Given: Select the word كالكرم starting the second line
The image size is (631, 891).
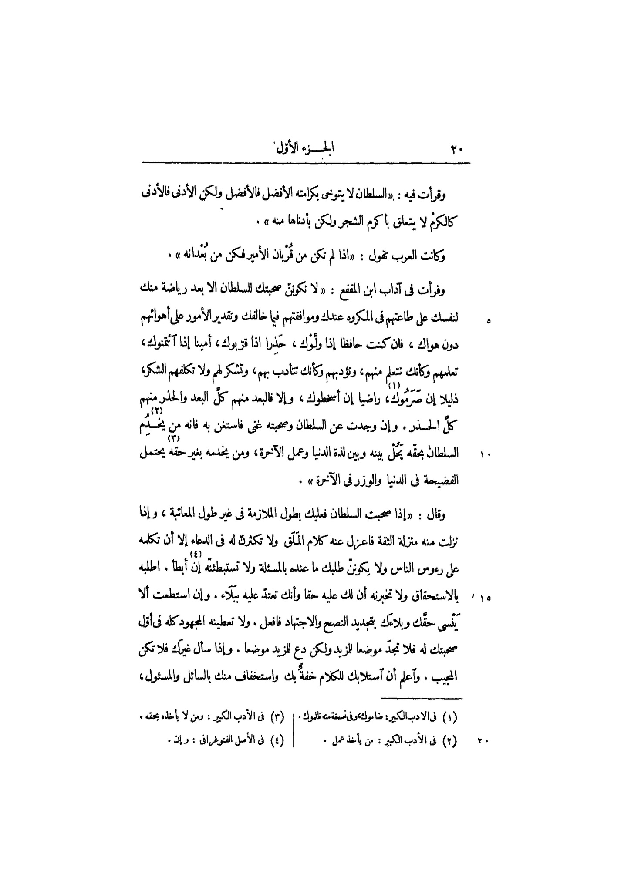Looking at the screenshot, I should pyautogui.click(x=444, y=225).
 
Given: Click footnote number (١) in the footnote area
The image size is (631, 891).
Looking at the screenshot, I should pyautogui.click(x=449, y=717).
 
